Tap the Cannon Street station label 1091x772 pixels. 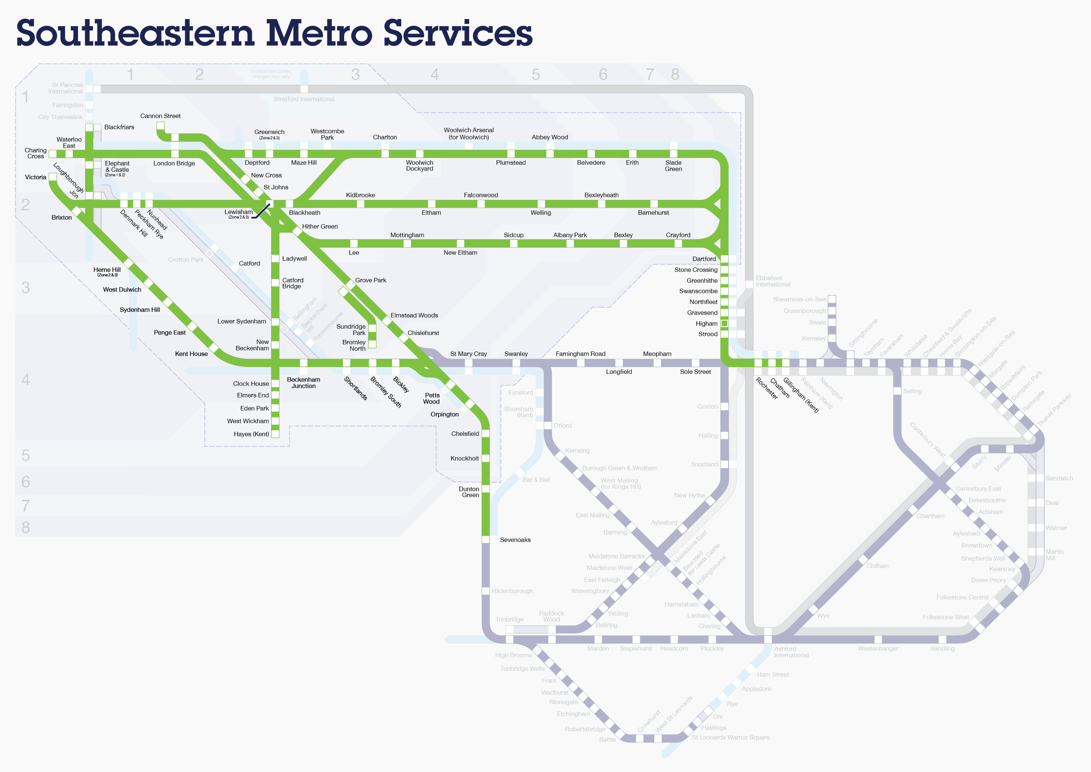[160, 116]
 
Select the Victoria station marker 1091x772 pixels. [53, 177]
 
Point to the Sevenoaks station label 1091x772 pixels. [515, 540]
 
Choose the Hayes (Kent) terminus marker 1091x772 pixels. [275, 434]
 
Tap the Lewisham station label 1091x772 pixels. [239, 213]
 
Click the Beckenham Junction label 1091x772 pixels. [304, 383]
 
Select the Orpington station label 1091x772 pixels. [444, 415]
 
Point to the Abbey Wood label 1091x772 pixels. [550, 137]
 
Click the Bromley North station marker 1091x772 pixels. [372, 344]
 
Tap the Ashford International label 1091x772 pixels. [791, 652]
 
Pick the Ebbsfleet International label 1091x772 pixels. [773, 281]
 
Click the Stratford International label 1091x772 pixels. [304, 99]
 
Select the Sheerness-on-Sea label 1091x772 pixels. [799, 300]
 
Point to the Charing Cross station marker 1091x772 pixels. [53, 154]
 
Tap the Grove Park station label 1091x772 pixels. [371, 280]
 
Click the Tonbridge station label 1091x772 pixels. [509, 619]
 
